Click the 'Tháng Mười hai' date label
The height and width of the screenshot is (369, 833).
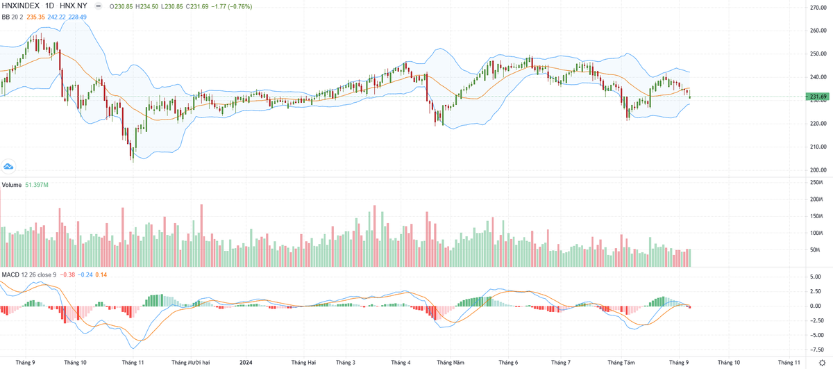coord(191,362)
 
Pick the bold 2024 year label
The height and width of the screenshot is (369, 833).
coord(246,362)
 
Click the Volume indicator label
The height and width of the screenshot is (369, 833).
coord(11,185)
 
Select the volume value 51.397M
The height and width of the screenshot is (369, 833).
coord(37,185)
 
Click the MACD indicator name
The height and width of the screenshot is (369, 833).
coord(10,274)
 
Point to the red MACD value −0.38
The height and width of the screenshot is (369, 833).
coord(67,274)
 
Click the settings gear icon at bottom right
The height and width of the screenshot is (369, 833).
coord(822,362)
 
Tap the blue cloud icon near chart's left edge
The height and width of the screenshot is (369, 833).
coord(8,166)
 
